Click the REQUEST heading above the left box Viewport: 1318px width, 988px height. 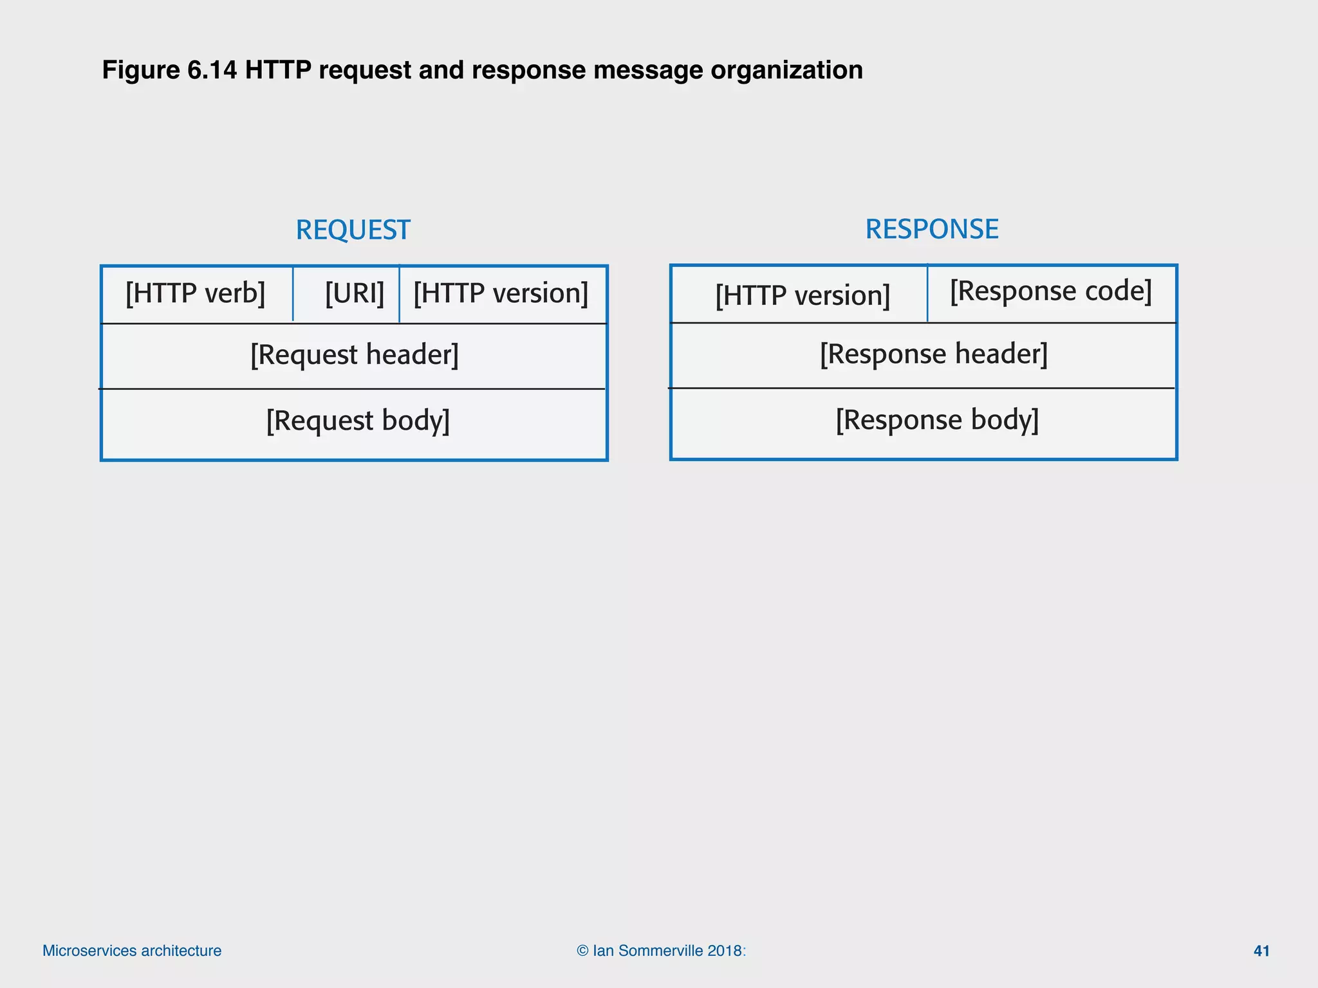point(353,230)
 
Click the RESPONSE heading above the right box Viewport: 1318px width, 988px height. point(931,229)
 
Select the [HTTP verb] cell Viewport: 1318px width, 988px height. point(196,294)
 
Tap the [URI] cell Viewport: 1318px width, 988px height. point(354,294)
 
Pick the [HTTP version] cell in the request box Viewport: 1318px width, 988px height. point(501,294)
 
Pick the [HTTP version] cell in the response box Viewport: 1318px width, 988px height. point(803,296)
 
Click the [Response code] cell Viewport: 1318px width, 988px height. point(1050,291)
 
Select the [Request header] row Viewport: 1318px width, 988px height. point(354,355)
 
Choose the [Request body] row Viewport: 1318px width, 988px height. point(358,421)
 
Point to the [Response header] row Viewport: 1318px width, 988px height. point(933,354)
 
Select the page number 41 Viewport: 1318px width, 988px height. point(1261,951)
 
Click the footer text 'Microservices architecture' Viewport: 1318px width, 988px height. point(132,951)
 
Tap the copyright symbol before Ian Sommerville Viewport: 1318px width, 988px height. point(582,951)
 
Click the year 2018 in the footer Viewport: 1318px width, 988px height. point(724,951)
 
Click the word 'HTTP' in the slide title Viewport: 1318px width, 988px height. point(278,70)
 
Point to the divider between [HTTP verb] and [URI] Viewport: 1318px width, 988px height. point(293,294)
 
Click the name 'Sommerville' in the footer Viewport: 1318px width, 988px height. point(660,951)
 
